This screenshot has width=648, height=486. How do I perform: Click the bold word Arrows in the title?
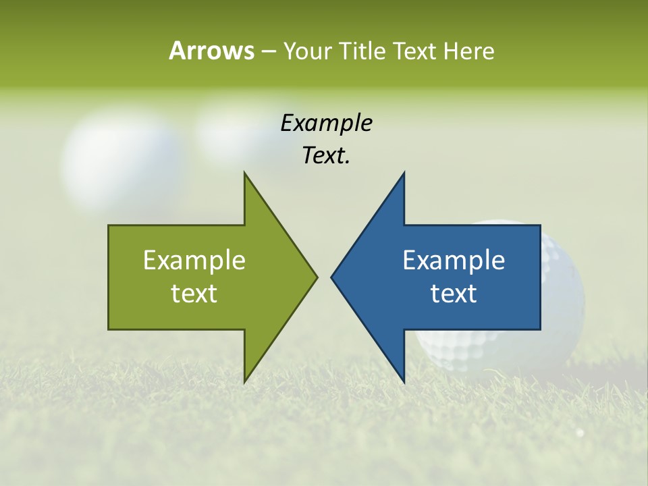(x=211, y=51)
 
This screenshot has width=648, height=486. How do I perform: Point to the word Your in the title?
(x=307, y=51)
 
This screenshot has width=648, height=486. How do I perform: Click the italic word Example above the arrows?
(x=326, y=123)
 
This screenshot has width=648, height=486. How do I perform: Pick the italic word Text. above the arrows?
(x=326, y=155)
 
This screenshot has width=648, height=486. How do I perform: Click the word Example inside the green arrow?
(x=194, y=260)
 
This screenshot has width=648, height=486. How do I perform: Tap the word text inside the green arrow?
(x=194, y=293)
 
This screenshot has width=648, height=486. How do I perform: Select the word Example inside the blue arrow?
(x=454, y=260)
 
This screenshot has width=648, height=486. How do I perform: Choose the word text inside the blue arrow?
(x=454, y=293)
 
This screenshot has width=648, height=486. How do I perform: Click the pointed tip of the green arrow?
(x=316, y=277)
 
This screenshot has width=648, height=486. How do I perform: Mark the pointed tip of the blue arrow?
(x=332, y=277)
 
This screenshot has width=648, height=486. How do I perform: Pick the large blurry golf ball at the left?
(x=122, y=159)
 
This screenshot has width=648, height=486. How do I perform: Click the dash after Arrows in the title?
(x=267, y=51)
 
